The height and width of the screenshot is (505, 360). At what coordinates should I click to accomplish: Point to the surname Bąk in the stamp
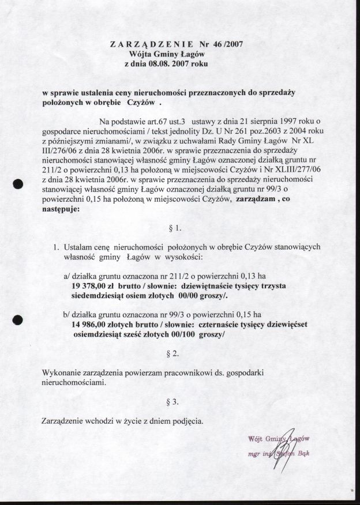pyautogui.click(x=302, y=453)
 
